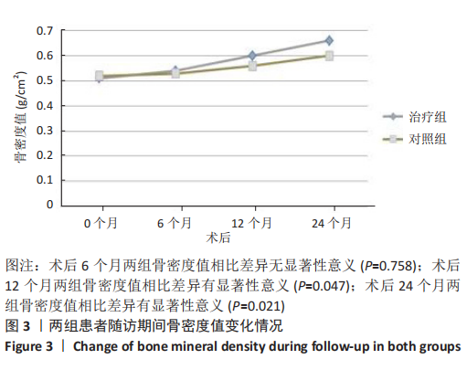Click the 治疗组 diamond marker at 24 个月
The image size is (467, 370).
tap(329, 40)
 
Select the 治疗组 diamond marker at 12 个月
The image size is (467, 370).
tap(252, 56)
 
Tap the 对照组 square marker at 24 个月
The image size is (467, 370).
tap(329, 56)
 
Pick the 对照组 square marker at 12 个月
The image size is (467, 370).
tap(252, 66)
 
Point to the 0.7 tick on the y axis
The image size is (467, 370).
tap(45, 31)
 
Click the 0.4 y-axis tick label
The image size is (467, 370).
tap(45, 106)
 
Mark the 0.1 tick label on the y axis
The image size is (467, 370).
tap(45, 180)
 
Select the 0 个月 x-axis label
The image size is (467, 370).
tap(101, 223)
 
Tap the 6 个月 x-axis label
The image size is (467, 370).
tap(175, 223)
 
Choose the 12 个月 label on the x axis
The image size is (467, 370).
tap(251, 223)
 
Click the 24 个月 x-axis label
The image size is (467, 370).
tap(332, 223)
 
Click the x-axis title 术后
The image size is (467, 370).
tap(218, 238)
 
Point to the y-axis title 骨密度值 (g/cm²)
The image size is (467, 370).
tap(20, 117)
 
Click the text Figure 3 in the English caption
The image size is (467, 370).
tap(29, 346)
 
